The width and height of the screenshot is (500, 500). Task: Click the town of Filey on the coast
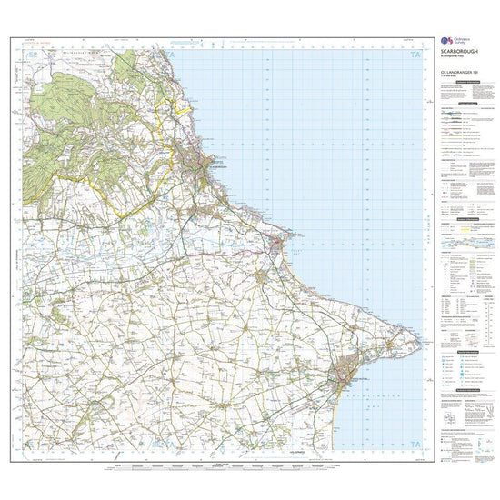pos(279,244)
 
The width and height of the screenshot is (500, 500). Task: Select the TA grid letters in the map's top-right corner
pos(416,56)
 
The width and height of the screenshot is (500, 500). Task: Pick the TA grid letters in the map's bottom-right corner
pos(416,444)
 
